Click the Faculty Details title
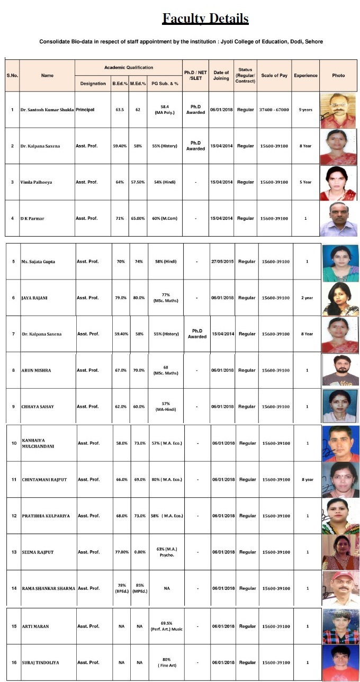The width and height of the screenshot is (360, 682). click(x=205, y=19)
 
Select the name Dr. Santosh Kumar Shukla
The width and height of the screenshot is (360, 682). click(x=47, y=110)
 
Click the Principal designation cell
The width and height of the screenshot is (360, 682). click(x=85, y=110)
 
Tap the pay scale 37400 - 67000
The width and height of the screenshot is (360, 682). click(x=274, y=110)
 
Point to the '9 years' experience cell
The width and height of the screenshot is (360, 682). click(x=305, y=110)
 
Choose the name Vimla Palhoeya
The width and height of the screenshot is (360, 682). click(x=37, y=182)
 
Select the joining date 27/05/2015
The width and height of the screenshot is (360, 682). click(x=222, y=262)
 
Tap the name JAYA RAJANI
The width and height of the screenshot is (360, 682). click(x=34, y=298)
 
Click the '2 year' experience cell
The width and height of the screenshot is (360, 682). click(x=307, y=298)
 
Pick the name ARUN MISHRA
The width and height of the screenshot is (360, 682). click(x=36, y=371)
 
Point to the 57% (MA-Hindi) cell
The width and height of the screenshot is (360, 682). click(x=166, y=407)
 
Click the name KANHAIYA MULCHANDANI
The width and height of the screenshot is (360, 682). click(x=39, y=443)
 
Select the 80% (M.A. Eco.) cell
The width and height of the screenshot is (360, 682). click(x=167, y=480)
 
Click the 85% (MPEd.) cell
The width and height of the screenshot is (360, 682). click(x=139, y=588)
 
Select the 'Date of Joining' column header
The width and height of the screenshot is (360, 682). click(x=221, y=75)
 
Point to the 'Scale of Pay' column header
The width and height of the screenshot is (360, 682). click(x=274, y=75)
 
